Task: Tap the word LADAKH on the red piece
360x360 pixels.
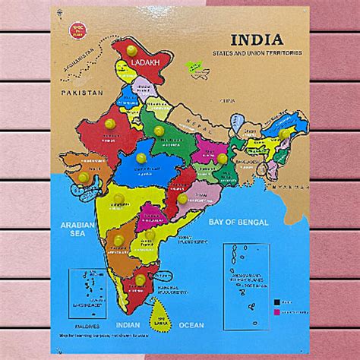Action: [144, 62]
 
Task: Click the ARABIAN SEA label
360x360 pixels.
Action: [76, 230]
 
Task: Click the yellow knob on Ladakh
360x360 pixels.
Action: [132, 50]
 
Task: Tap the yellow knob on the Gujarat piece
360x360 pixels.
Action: [83, 177]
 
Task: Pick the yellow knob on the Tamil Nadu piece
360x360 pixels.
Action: [141, 280]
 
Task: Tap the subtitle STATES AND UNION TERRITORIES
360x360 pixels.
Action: [257, 53]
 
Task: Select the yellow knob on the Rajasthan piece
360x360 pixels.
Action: [110, 123]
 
